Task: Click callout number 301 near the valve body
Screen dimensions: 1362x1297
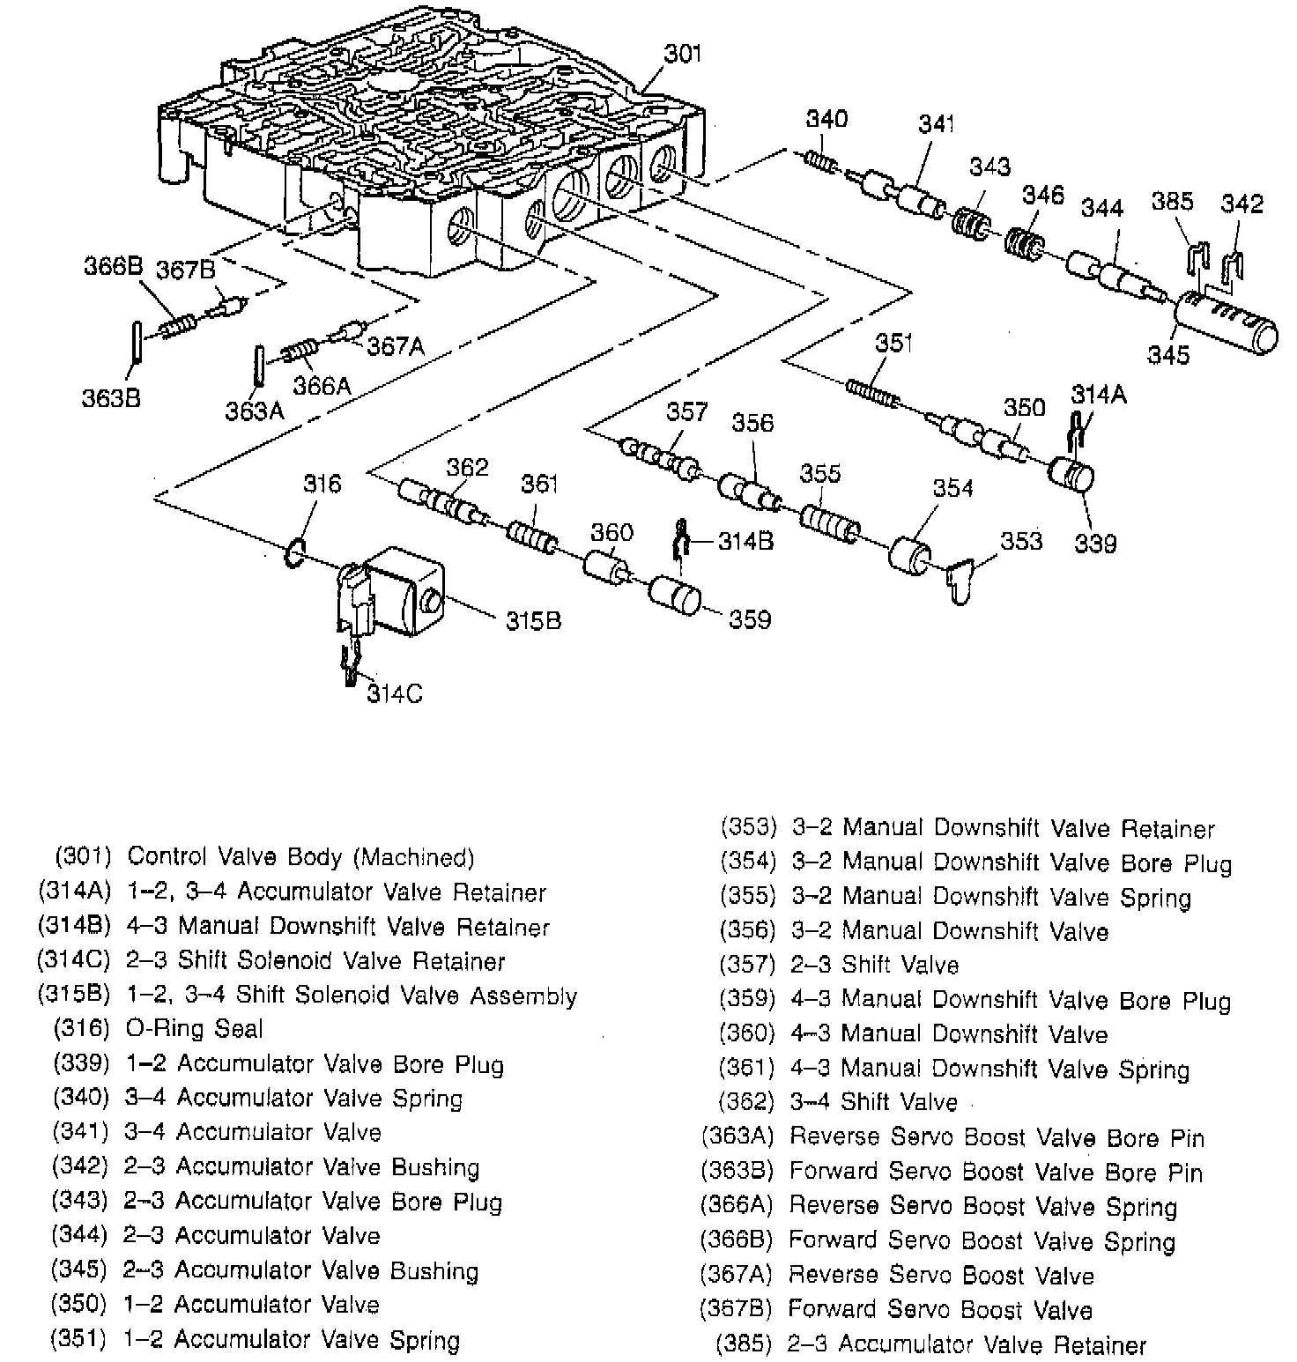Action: point(683,54)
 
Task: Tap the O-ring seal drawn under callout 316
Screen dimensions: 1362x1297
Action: point(295,553)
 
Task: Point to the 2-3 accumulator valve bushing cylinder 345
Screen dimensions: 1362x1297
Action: point(1227,323)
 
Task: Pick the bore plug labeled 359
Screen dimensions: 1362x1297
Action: point(675,598)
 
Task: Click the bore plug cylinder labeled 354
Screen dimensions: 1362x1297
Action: point(909,552)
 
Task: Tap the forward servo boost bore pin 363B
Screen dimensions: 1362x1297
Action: point(137,341)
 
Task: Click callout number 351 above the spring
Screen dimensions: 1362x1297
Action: point(894,343)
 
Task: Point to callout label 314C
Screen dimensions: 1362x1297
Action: point(395,694)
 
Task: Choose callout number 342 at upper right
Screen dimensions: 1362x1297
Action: point(1241,204)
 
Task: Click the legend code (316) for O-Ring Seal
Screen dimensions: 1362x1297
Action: point(82,1028)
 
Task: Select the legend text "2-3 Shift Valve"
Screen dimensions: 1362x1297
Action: point(874,965)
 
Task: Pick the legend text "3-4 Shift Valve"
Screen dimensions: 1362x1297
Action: point(873,1102)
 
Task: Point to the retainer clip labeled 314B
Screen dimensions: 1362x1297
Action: point(680,541)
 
